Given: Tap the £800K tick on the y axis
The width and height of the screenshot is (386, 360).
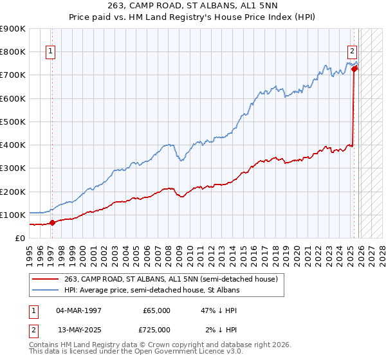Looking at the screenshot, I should (13, 52).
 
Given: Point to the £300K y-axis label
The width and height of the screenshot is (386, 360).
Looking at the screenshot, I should (13, 168).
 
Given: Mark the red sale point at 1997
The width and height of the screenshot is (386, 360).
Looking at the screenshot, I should (52, 223).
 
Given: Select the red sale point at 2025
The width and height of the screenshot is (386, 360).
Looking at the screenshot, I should (354, 69).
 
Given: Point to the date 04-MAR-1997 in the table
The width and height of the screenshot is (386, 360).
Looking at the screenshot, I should (78, 310).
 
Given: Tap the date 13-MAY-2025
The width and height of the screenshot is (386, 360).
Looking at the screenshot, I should (78, 329).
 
